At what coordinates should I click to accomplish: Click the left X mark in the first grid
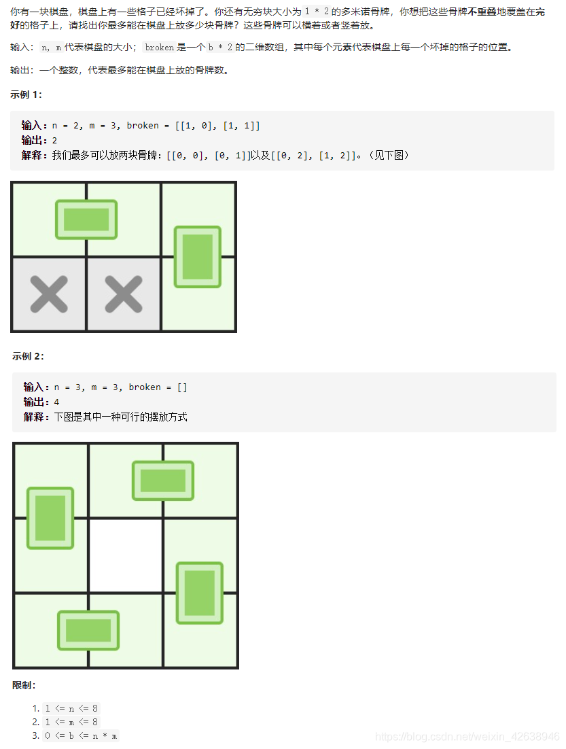click(x=49, y=295)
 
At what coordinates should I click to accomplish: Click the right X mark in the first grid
click(x=123, y=295)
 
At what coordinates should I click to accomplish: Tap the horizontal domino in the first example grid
click(x=86, y=220)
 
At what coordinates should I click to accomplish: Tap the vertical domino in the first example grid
click(x=198, y=256)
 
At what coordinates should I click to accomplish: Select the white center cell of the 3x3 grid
click(x=126, y=555)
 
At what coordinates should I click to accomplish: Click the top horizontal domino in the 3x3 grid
click(x=163, y=481)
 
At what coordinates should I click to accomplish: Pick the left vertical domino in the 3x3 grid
click(x=50, y=518)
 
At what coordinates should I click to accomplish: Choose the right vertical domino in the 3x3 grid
click(x=200, y=593)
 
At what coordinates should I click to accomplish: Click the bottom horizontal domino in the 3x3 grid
click(x=88, y=630)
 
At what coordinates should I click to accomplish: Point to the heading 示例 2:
click(x=28, y=356)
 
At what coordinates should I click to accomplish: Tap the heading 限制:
click(x=24, y=685)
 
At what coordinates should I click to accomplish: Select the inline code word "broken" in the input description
click(x=160, y=48)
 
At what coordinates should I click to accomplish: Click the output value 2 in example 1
click(x=55, y=140)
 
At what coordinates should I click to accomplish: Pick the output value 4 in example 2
click(x=57, y=402)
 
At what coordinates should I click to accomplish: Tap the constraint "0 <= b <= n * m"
click(x=81, y=735)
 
